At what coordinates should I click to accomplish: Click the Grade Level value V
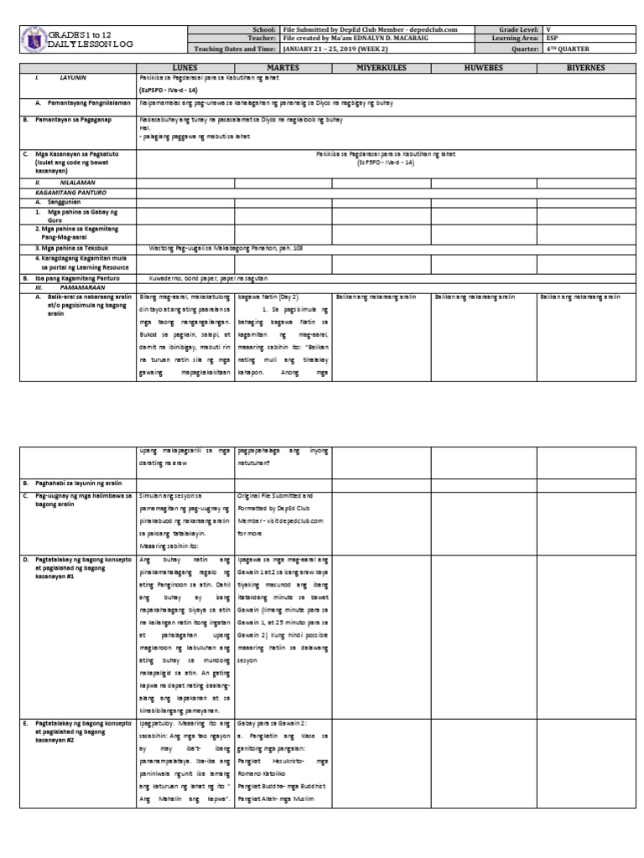tap(548, 29)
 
